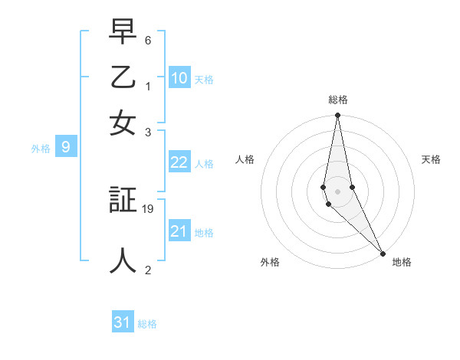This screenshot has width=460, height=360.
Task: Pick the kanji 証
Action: [x=123, y=201]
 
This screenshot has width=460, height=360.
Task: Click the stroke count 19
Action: [x=149, y=208]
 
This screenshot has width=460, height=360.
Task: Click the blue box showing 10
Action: [x=179, y=78]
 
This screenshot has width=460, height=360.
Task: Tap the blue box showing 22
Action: [x=179, y=162]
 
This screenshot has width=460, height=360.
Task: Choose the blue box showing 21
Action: [x=179, y=231]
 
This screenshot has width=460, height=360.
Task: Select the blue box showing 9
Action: [x=66, y=148]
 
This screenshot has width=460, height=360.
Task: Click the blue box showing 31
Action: [x=123, y=322]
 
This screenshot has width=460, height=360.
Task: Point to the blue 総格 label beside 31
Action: [x=147, y=324]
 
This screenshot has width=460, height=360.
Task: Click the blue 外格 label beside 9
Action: [x=41, y=149]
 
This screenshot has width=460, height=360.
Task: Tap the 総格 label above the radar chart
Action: [x=337, y=100]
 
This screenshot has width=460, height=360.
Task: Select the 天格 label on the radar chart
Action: [x=431, y=159]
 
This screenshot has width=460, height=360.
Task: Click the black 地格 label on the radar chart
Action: [x=402, y=262]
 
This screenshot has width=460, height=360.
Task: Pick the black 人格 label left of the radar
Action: [x=245, y=159]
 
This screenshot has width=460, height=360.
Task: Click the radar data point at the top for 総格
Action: [x=337, y=116]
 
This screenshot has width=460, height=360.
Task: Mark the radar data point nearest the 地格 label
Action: [x=383, y=253]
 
